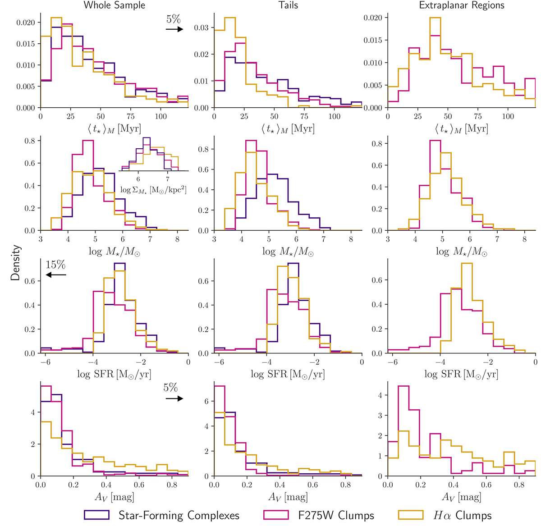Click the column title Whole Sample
[x=115, y=5]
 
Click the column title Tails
[x=288, y=5]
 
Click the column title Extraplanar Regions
[x=462, y=5]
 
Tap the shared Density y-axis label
[x=16, y=263]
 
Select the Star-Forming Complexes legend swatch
[x=96, y=515]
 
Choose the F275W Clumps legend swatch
[x=276, y=515]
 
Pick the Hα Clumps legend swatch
[x=410, y=515]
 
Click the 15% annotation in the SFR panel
[x=55, y=265]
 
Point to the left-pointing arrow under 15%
[x=56, y=274]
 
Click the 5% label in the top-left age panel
[x=174, y=19]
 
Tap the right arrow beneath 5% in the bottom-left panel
[x=174, y=398]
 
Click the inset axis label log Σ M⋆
[x=153, y=189]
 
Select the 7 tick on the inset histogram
[x=168, y=179]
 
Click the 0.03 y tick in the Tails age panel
[x=202, y=28]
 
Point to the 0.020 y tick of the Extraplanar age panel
[x=373, y=18]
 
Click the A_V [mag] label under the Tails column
[x=288, y=497]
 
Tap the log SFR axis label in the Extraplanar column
[x=461, y=374]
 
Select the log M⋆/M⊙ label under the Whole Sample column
[x=115, y=252]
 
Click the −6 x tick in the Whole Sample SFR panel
[x=44, y=362]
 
